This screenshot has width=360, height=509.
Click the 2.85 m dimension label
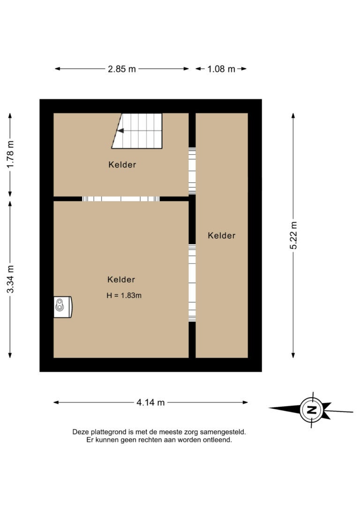(x=122, y=69)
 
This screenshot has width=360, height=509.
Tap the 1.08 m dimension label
(x=221, y=69)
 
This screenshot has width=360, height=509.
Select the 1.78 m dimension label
(x=10, y=155)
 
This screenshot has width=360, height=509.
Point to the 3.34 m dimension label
(x=10, y=279)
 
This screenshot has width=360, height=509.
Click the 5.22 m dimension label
(x=293, y=235)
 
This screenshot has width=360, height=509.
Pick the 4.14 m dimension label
(x=150, y=403)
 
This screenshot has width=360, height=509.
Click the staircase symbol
(x=137, y=131)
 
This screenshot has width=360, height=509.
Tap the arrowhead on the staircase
(x=120, y=131)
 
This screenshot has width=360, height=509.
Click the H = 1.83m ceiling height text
(x=124, y=295)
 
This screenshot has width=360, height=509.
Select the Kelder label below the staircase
(x=122, y=165)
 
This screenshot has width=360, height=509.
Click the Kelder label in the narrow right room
(x=222, y=235)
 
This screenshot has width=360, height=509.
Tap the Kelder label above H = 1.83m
(x=121, y=279)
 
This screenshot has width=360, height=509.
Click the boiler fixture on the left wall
(x=63, y=307)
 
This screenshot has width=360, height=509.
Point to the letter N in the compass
(x=312, y=409)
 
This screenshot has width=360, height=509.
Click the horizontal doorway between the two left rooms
(x=121, y=199)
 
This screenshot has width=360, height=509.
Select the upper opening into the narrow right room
(x=192, y=171)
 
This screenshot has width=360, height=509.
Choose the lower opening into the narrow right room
(x=192, y=283)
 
